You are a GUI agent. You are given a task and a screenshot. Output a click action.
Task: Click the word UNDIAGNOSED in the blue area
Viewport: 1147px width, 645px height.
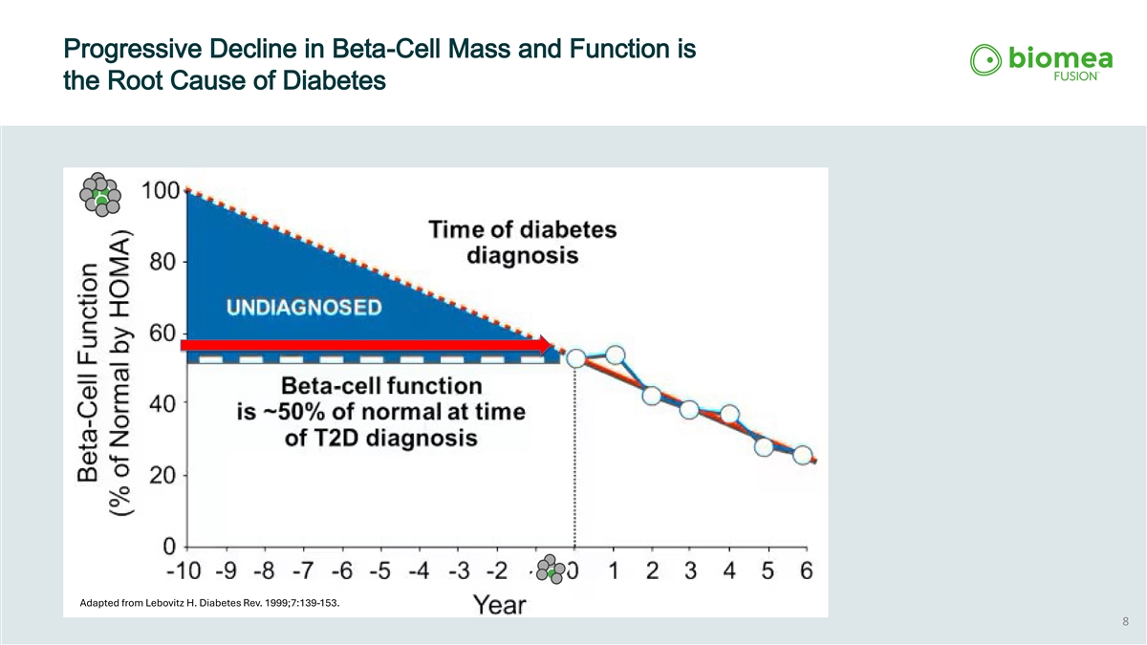coord(304,307)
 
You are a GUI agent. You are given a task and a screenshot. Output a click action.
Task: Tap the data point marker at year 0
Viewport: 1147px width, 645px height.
coord(576,357)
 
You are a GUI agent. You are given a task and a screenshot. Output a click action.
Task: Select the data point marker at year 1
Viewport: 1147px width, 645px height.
coord(615,355)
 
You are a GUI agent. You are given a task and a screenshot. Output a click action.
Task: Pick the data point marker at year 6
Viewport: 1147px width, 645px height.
coord(803,455)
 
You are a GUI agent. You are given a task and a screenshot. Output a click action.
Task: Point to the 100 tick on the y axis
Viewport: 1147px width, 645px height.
coord(162,189)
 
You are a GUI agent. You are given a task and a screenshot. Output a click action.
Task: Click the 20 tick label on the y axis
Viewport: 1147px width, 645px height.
coord(162,475)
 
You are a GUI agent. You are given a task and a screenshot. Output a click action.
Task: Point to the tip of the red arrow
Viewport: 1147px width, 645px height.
coord(553,345)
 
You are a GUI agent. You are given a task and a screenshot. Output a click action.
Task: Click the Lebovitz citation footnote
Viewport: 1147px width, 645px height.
coord(209,603)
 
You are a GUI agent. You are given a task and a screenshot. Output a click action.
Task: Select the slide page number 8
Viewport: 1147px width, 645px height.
coord(1125,622)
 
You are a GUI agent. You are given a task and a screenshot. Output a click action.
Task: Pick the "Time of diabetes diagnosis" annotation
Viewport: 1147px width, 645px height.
coord(522,243)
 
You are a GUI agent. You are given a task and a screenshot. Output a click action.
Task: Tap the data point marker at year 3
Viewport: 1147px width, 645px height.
coord(689,410)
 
